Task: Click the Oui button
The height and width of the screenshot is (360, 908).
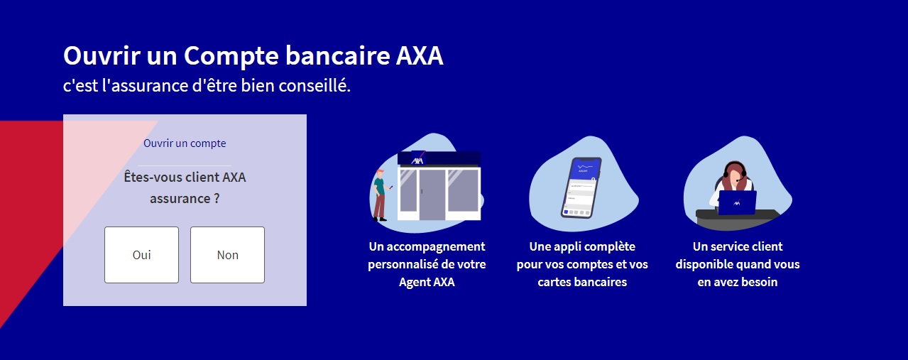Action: coord(141,255)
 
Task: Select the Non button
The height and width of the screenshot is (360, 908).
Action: coord(227,255)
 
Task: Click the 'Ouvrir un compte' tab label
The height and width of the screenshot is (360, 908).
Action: coord(185,143)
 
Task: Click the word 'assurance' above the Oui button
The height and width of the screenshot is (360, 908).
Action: coord(180,199)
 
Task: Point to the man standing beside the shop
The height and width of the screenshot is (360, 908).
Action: coord(381,195)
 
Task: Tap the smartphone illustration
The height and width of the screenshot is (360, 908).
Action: coord(581,187)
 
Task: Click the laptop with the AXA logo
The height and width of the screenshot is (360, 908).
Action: coord(737,202)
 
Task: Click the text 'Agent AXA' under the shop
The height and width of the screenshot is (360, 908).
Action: coord(427,282)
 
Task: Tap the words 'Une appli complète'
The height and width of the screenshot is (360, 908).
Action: coord(582,246)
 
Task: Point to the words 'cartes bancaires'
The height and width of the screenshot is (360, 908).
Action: coord(582,282)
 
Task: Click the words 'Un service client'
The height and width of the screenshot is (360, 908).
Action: coord(738,246)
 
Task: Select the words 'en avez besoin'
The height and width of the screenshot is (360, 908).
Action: coord(738,282)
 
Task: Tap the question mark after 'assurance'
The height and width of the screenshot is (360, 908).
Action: coord(216,199)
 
